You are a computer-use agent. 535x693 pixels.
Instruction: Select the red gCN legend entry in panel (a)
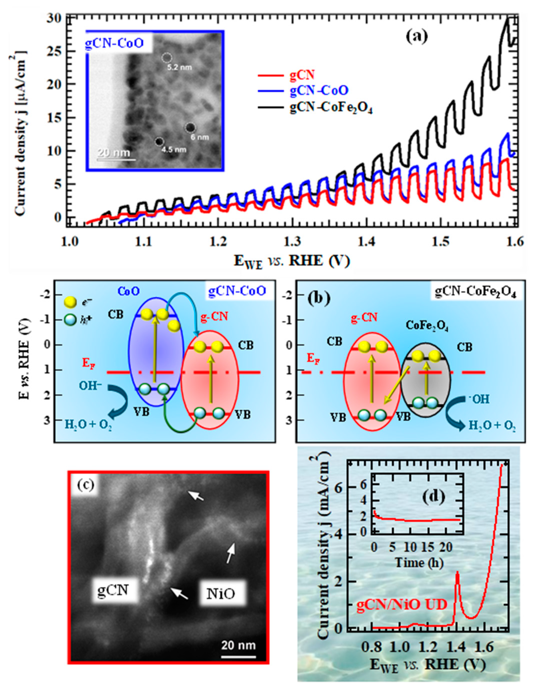pos(301,75)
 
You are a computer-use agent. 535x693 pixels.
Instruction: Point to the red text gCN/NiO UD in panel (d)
pos(402,605)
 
